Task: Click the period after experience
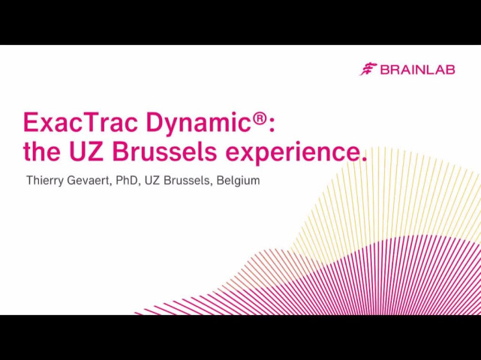(x=364, y=158)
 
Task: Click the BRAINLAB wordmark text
(x=417, y=70)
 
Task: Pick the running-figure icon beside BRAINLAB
(x=368, y=69)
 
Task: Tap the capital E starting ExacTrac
(x=31, y=121)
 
